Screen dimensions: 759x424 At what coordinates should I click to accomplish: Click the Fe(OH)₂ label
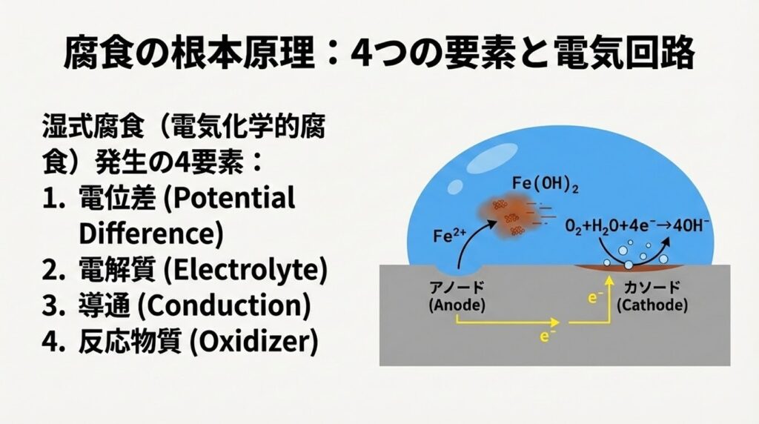pos(545,185)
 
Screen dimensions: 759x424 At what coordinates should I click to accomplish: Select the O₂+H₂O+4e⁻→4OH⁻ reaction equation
pos(637,226)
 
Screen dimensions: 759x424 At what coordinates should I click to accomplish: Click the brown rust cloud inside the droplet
pos(508,216)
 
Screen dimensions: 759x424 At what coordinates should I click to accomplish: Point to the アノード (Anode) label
pos(457,297)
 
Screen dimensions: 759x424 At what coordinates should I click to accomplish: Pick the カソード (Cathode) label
pos(652,297)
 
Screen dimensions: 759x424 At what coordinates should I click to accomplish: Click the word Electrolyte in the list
pos(245,270)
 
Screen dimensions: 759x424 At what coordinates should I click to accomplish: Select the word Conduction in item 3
pos(224,306)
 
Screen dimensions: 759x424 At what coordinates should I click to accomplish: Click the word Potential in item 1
pos(230,199)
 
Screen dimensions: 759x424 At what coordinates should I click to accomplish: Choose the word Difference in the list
pos(150,233)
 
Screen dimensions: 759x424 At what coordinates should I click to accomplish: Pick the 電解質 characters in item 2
pos(116,270)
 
